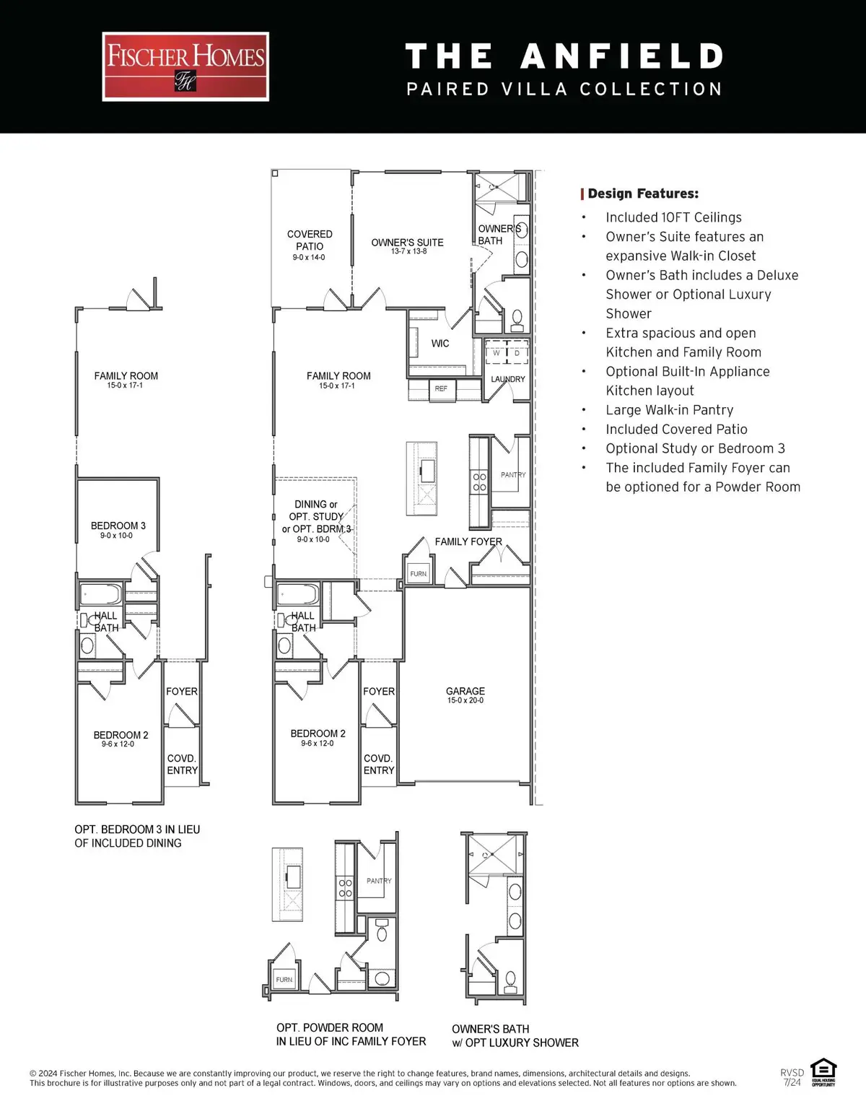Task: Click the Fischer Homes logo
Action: pyautogui.click(x=185, y=66)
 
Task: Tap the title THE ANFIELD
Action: pyautogui.click(x=564, y=56)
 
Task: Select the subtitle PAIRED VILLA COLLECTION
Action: pyautogui.click(x=564, y=90)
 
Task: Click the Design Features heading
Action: pyautogui.click(x=642, y=193)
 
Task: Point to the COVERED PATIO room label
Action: pyautogui.click(x=310, y=240)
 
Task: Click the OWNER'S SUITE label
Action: pyautogui.click(x=407, y=243)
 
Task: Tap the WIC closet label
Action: pyautogui.click(x=440, y=344)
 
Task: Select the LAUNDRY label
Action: pyautogui.click(x=508, y=379)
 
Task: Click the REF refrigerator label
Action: pyautogui.click(x=441, y=388)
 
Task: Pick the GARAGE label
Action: pyautogui.click(x=465, y=691)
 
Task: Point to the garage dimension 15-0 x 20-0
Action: pyautogui.click(x=465, y=700)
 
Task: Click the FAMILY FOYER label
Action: pyautogui.click(x=468, y=541)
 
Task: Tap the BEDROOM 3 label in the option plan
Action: pyautogui.click(x=118, y=526)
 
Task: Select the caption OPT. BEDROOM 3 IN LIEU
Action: pyautogui.click(x=137, y=830)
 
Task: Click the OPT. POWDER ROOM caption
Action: pyautogui.click(x=330, y=1027)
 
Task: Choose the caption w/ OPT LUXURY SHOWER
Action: pyautogui.click(x=515, y=1043)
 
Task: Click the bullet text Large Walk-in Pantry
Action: pyautogui.click(x=669, y=410)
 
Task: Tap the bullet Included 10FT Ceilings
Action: pyautogui.click(x=673, y=217)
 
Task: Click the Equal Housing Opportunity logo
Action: pyautogui.click(x=823, y=1073)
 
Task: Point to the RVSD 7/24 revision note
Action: pyautogui.click(x=792, y=1077)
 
